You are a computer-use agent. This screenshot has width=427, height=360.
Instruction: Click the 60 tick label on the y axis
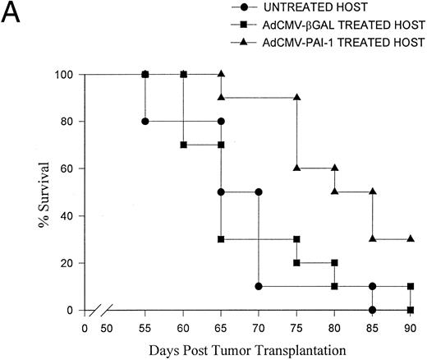(x=70, y=169)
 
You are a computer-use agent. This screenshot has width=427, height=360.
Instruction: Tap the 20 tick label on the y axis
(x=70, y=263)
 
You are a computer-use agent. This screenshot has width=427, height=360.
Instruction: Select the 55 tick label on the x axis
(x=145, y=327)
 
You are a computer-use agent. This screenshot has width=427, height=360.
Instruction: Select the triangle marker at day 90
(x=411, y=239)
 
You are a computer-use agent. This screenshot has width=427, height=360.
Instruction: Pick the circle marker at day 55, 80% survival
(x=145, y=122)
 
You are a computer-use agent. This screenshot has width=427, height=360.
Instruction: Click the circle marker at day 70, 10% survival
(x=259, y=287)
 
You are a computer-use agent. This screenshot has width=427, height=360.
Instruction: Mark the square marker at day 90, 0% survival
(x=411, y=310)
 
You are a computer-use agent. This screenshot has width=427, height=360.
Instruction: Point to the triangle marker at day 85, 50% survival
(x=373, y=192)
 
